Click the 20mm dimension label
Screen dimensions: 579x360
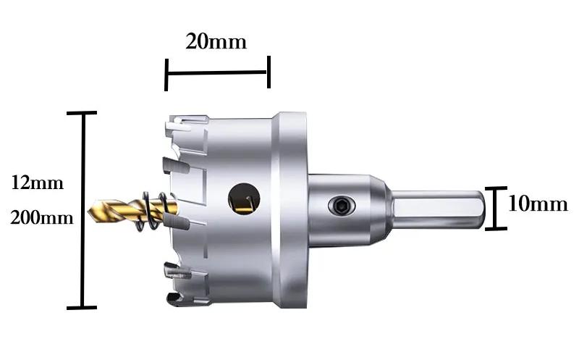pos(216,41)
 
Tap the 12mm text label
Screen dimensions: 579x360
pos(38,183)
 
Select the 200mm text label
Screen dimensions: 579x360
pos(42,217)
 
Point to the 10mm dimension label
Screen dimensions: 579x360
pos(538,204)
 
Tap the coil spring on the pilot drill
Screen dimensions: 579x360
pos(152,211)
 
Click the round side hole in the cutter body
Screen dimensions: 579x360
pos(244,198)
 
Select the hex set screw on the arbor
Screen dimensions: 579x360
pos(342,206)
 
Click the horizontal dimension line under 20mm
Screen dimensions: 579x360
pos(216,72)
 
